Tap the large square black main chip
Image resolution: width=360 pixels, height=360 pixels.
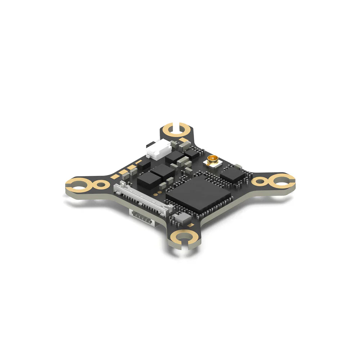pos(198,194)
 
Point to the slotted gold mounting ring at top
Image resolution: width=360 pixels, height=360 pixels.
pos(175,129)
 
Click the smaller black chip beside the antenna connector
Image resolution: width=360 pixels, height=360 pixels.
pos(232,174)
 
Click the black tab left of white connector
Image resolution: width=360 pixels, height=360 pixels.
pos(148,145)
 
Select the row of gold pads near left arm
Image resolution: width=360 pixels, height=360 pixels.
pos(124,172)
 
